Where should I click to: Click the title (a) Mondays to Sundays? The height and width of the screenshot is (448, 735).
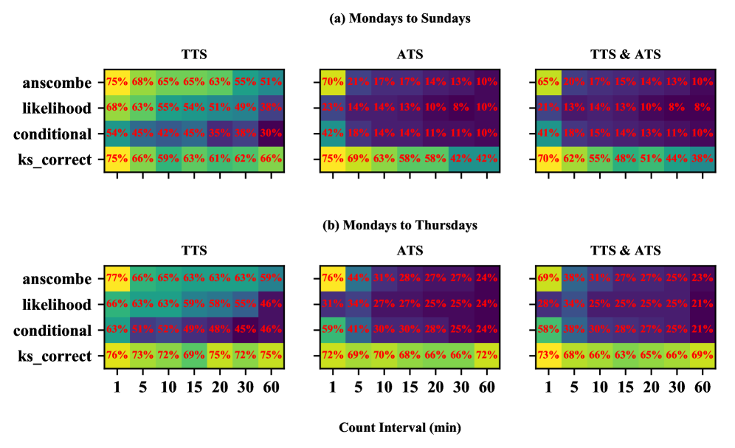click(x=399, y=19)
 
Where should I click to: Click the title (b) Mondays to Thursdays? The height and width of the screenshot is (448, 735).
click(x=399, y=224)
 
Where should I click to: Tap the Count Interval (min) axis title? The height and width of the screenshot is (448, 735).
click(x=399, y=427)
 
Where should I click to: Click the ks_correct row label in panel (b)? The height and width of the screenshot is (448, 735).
click(x=58, y=356)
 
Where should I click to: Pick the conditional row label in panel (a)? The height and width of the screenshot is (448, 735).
click(x=57, y=134)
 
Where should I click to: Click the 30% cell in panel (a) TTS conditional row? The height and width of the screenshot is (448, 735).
click(x=271, y=134)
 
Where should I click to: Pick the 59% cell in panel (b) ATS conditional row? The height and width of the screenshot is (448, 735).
click(x=332, y=331)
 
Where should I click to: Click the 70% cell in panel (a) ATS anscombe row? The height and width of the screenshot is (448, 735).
click(x=332, y=82)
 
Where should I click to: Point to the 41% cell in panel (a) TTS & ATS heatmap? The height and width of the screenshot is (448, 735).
click(x=548, y=134)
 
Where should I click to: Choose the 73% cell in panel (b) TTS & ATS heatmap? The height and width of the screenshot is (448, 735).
click(x=548, y=356)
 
